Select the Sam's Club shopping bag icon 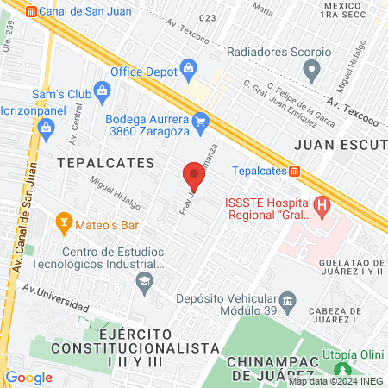pos(102,90)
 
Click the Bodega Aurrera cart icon pos(201,121)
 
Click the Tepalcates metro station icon pos(294,171)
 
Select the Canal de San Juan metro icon pos(33,11)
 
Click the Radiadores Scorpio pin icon pos(313,68)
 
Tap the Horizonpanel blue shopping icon pos(47,130)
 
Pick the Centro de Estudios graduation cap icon pos(144,279)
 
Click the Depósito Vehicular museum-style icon pos(287,303)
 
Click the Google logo pos(28,377)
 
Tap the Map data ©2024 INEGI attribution pos(336,381)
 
